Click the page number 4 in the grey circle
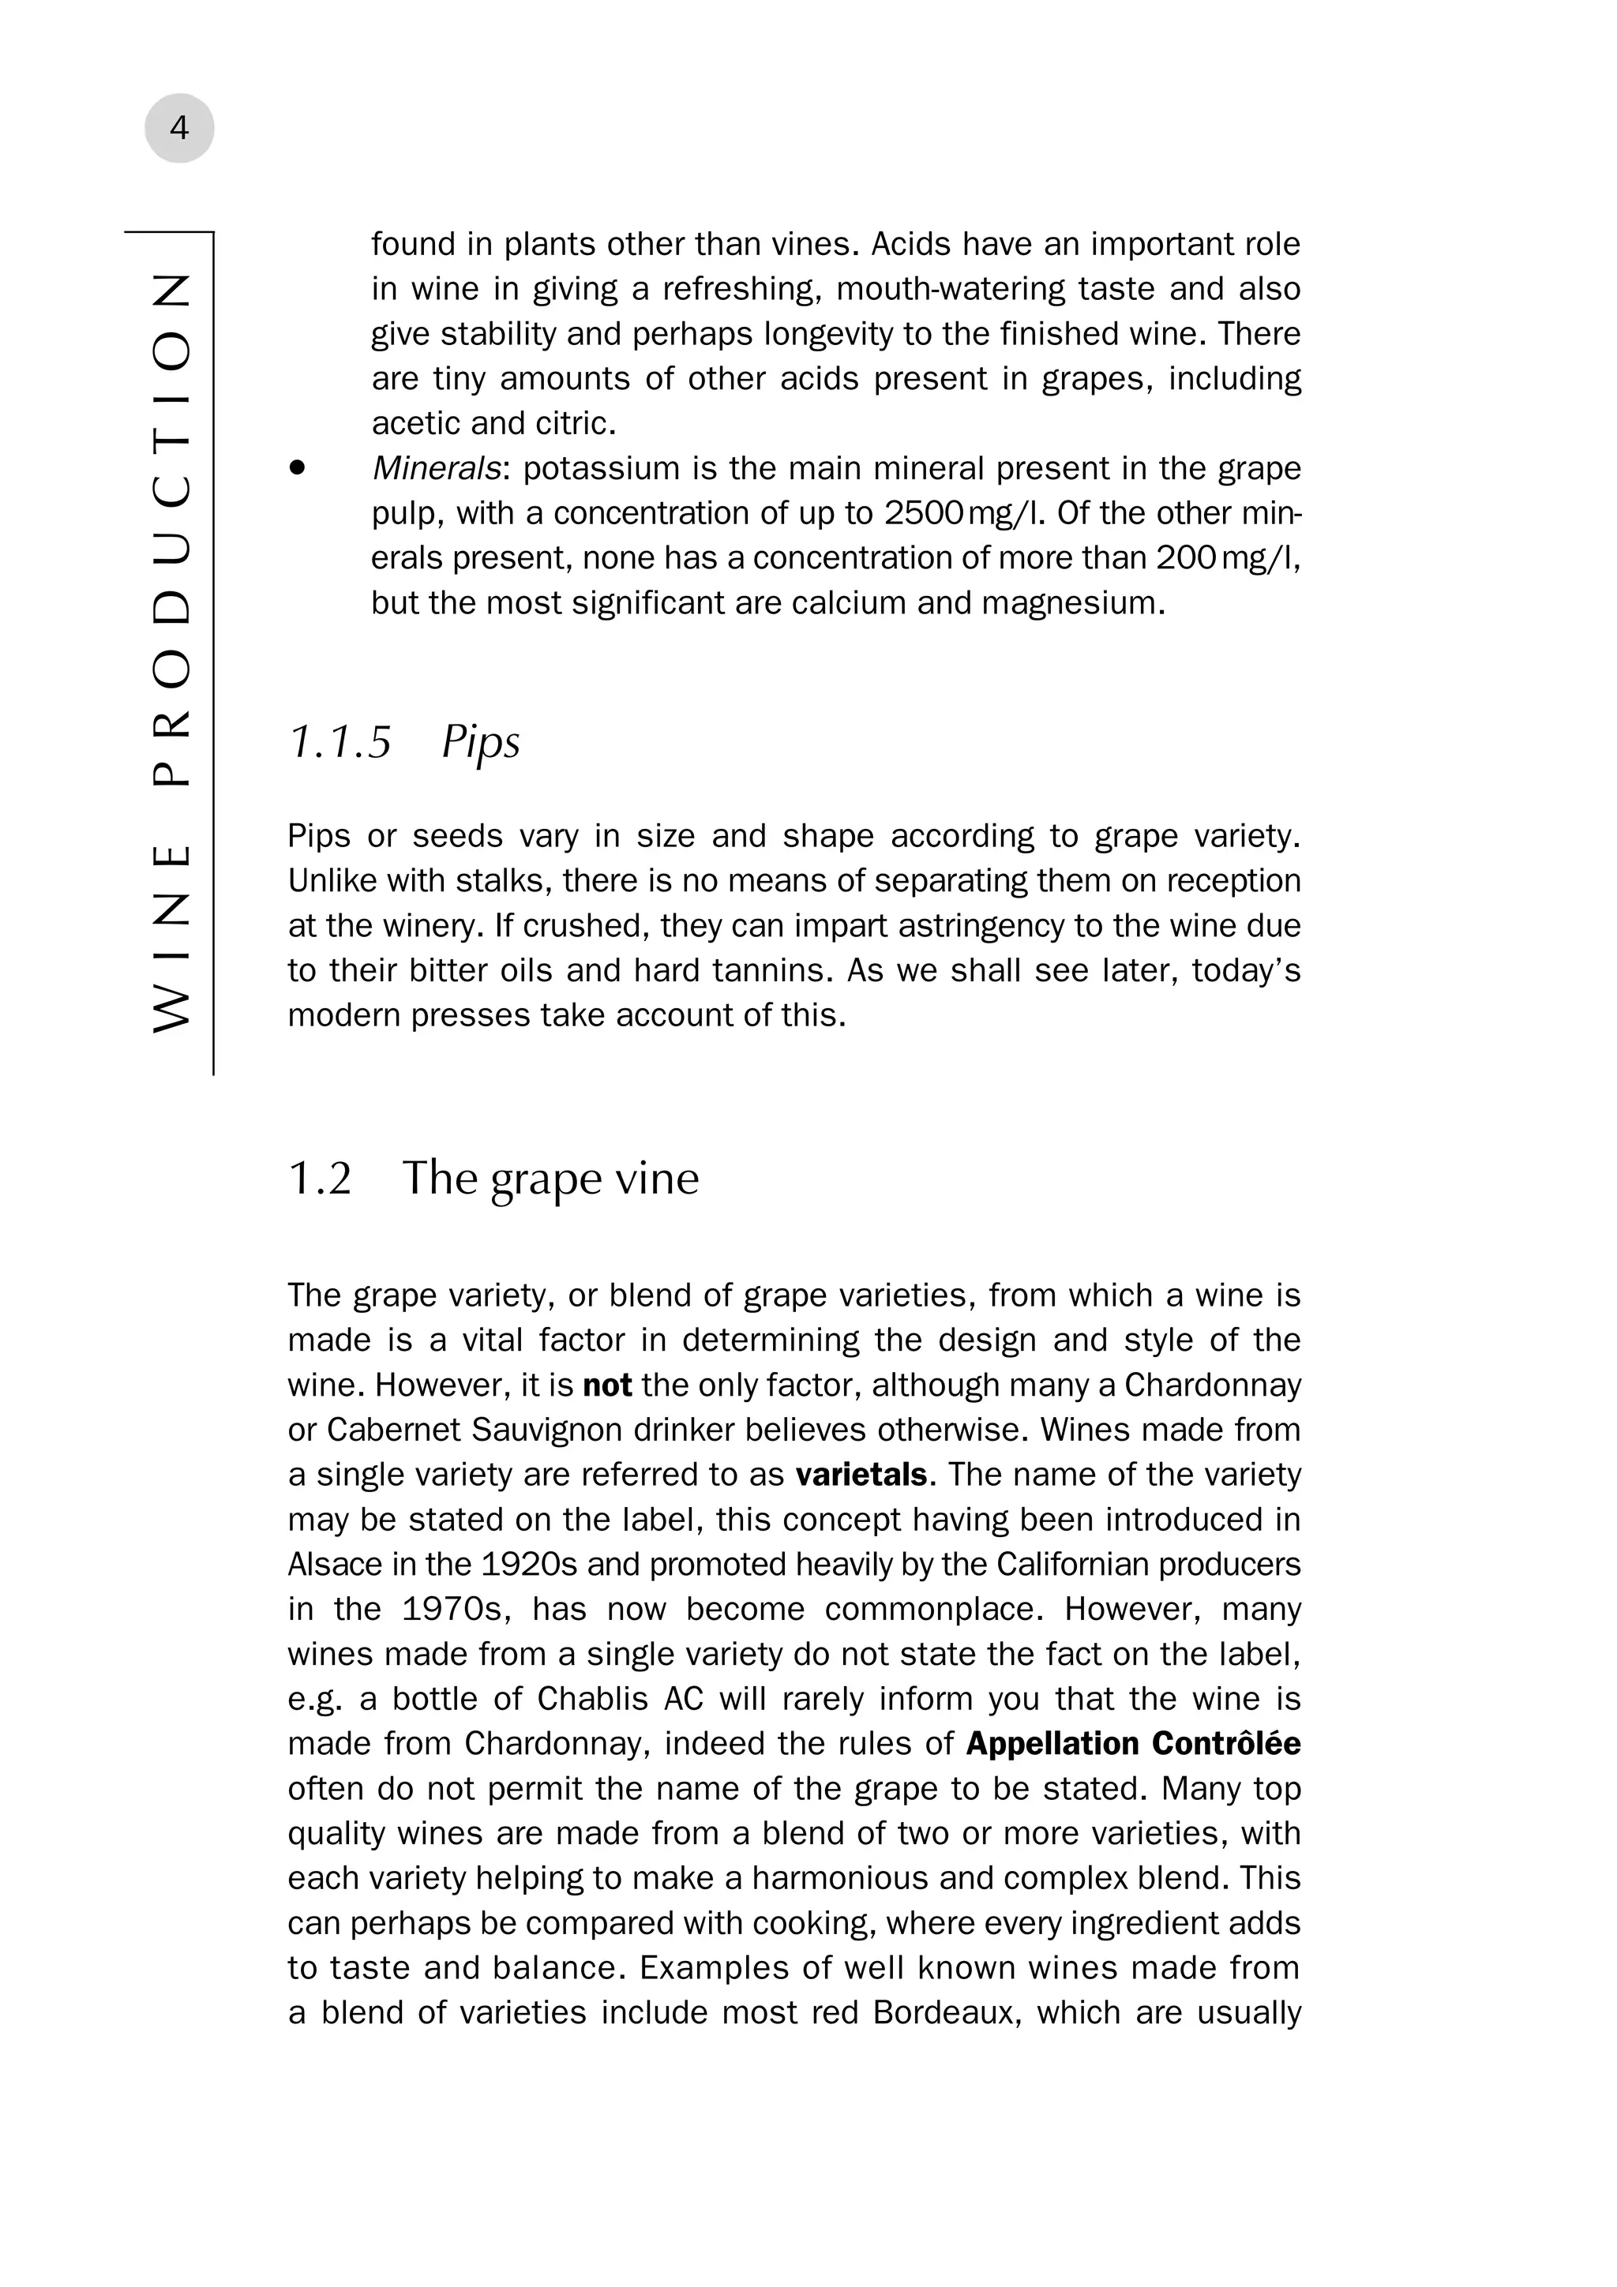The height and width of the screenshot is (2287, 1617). point(179,129)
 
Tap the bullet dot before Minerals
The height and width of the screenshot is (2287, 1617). point(297,468)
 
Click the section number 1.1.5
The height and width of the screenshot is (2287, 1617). point(340,743)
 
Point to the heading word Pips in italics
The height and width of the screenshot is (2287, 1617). point(480,743)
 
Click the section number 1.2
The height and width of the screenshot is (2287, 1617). point(320,1179)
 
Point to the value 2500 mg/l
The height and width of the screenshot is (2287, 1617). point(964,514)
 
